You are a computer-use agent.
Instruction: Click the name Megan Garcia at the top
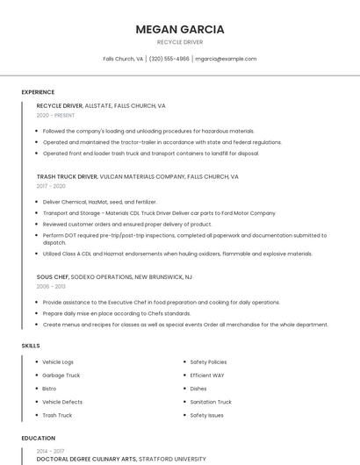click(x=180, y=29)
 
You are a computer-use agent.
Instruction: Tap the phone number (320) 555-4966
click(x=169, y=59)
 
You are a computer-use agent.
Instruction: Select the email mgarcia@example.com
click(x=226, y=59)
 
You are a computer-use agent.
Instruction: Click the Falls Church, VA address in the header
click(x=123, y=59)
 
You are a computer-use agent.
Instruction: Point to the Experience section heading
click(x=38, y=91)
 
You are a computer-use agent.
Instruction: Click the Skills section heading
click(x=31, y=346)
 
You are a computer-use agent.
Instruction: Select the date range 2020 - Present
click(x=55, y=115)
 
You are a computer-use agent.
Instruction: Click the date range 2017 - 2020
click(x=51, y=186)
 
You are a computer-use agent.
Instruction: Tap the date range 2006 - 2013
click(x=51, y=286)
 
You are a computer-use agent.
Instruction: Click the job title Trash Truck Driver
click(x=67, y=176)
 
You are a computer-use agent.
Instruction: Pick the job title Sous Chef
click(x=54, y=276)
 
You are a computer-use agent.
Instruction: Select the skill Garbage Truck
click(x=61, y=375)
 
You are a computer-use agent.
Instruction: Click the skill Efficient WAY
click(x=207, y=375)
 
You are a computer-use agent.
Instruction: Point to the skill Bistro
click(x=49, y=388)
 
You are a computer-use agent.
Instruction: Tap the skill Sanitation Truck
click(x=211, y=402)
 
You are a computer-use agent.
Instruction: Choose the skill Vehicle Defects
click(x=61, y=402)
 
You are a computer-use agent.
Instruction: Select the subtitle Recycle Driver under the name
click(x=180, y=41)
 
